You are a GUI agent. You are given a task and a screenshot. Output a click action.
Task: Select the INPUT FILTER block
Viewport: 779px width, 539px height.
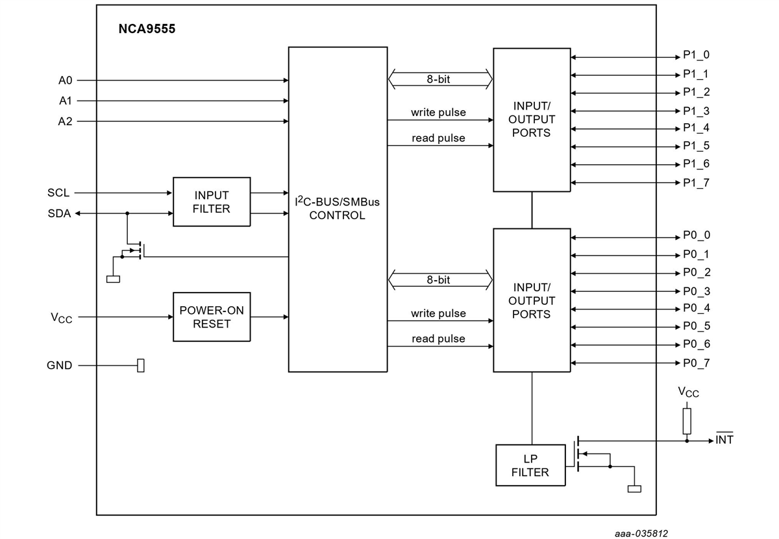[x=212, y=202]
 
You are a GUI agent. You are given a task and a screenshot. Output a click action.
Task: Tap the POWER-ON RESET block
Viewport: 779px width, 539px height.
[x=212, y=317]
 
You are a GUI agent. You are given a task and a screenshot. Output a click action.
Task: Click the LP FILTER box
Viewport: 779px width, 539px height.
[x=530, y=465]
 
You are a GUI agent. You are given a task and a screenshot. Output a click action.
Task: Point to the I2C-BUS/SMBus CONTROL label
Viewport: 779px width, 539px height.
[x=337, y=208]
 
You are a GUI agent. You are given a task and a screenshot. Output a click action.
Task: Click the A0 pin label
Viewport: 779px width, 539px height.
[x=66, y=80]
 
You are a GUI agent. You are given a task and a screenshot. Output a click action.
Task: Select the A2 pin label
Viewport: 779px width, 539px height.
[x=66, y=121]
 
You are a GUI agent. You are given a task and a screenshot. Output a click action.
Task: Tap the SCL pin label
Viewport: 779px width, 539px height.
[x=58, y=193]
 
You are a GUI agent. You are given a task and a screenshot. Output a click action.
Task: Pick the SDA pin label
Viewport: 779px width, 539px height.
[x=59, y=213]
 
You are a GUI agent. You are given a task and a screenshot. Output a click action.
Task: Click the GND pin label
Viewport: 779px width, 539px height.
[x=59, y=365]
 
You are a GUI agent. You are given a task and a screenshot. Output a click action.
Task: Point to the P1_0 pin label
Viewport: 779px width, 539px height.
[x=696, y=56]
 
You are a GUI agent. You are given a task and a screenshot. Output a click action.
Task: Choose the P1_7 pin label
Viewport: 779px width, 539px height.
[x=696, y=183]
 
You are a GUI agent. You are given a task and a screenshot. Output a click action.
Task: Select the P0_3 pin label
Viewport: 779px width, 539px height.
[x=696, y=291]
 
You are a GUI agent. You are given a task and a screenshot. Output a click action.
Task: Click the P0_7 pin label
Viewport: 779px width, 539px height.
[x=696, y=363]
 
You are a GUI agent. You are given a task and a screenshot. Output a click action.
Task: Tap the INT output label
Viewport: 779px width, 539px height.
[x=724, y=440]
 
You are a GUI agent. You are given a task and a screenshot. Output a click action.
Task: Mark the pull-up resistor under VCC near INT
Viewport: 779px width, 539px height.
[x=687, y=420]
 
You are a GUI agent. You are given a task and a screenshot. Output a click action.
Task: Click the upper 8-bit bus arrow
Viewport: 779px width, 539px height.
[x=439, y=79]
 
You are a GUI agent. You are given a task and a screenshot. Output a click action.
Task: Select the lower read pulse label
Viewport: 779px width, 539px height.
[x=438, y=339]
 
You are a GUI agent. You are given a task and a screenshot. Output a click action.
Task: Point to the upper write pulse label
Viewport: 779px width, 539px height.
[x=438, y=112]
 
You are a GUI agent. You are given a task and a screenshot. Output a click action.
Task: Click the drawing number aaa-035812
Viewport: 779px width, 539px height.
[x=641, y=533]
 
